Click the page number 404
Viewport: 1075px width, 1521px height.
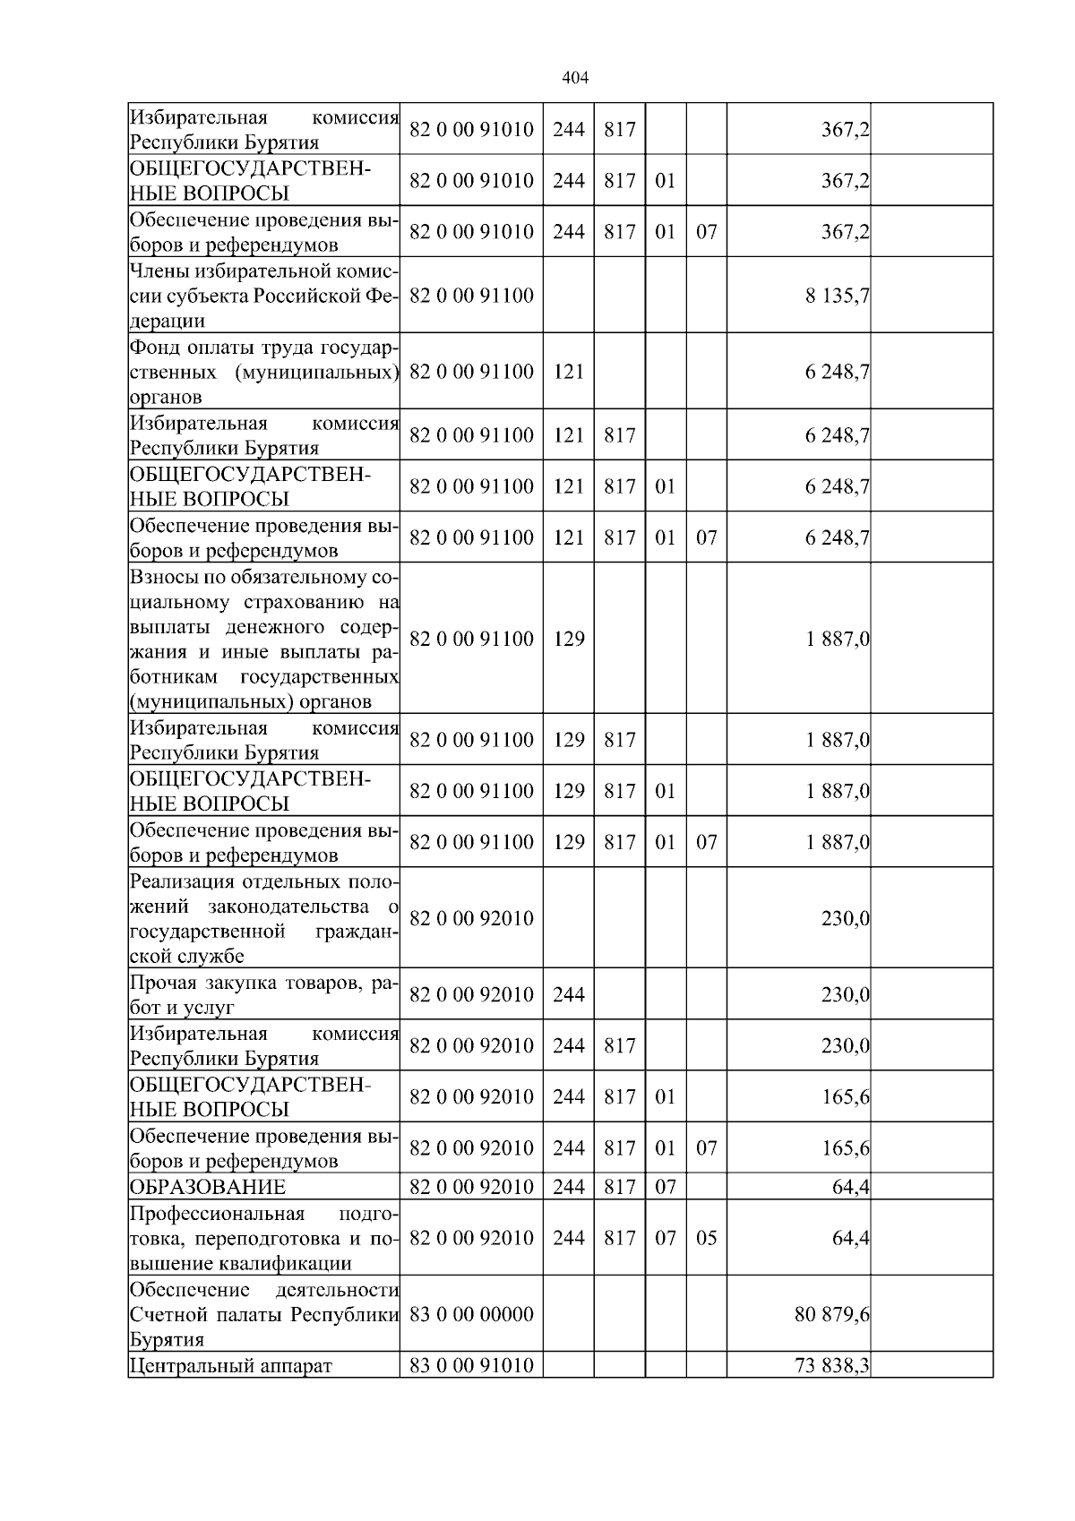tap(574, 78)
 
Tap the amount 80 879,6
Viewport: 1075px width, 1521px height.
tap(831, 1314)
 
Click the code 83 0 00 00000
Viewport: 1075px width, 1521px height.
tap(471, 1314)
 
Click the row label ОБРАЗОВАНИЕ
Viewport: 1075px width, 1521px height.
tap(208, 1187)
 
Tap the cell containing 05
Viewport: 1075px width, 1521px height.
tap(706, 1238)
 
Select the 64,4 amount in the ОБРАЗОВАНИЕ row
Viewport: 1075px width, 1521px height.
tap(850, 1187)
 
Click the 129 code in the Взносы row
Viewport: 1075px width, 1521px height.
tap(569, 639)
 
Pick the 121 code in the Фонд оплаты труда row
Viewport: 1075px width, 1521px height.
tap(569, 372)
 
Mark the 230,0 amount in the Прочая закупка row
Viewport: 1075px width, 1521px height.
tap(845, 994)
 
